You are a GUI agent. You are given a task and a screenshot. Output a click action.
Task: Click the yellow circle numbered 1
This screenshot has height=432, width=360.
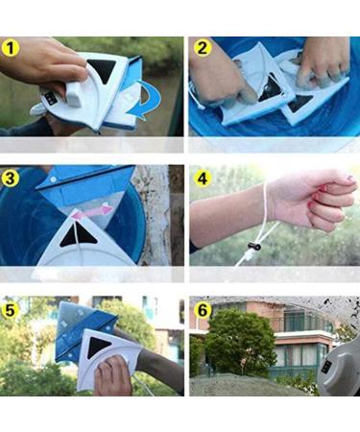pos(12,48)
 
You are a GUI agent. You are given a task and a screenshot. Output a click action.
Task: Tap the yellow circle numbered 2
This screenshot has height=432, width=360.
pos(202,48)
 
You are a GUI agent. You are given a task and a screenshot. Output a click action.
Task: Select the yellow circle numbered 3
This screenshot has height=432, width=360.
pos(12,178)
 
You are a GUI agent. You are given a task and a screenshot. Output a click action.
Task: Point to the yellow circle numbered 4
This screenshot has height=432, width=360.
pos(202,178)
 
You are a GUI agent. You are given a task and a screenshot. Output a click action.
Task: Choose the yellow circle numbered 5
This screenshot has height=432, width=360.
pos(12,310)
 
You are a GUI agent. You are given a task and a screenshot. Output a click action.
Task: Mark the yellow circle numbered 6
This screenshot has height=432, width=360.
pos(202,310)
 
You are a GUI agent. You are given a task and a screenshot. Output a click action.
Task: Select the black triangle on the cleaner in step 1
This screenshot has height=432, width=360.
pos(100,70)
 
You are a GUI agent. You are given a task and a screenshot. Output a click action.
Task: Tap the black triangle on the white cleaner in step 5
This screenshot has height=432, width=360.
pos(99,348)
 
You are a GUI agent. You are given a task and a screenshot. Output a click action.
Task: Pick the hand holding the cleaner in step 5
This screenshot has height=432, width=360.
pos(112,377)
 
